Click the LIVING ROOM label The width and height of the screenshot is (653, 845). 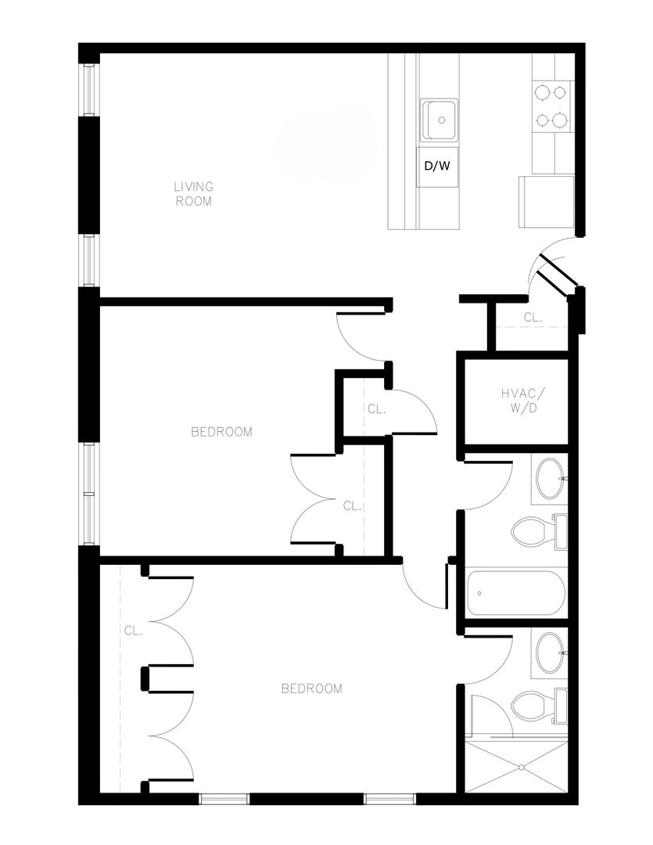coord(193,193)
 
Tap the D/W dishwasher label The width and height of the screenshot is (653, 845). coord(437,167)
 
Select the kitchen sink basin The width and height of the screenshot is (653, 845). coord(440,120)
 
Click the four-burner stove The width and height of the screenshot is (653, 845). coord(550,106)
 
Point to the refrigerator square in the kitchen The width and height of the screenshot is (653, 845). coord(546,202)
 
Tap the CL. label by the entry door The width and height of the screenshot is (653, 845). coord(533,318)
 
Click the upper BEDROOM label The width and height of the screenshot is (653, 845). coord(222,432)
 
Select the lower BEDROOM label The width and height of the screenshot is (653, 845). coord(311,689)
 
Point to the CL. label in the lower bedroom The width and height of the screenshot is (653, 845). coord(132,630)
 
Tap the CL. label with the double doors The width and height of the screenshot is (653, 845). coord(352,505)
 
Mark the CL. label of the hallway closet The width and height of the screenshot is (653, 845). coord(375,409)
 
